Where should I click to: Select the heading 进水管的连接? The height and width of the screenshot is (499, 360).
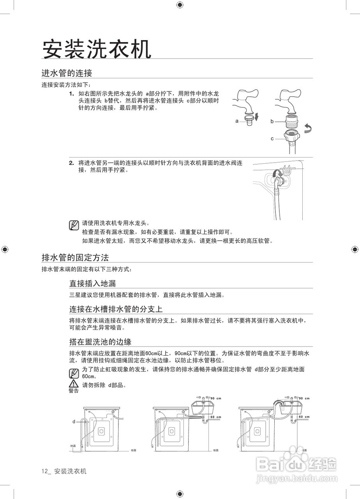[67, 73]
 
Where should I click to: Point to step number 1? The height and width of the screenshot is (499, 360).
[71, 94]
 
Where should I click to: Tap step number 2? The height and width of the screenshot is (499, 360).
[71, 163]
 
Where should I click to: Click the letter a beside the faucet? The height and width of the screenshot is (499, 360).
[236, 121]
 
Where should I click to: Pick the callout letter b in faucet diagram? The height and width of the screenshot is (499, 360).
[272, 121]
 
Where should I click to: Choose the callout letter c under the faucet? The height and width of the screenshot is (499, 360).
[272, 138]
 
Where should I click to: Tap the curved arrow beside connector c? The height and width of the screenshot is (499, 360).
[308, 129]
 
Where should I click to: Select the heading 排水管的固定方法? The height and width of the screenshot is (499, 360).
[75, 257]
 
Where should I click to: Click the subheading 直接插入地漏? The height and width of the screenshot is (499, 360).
[92, 283]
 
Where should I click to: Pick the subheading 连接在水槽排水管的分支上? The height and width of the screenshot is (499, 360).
[116, 309]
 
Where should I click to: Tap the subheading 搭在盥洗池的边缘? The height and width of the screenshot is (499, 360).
[100, 342]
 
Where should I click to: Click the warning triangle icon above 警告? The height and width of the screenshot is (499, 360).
[73, 384]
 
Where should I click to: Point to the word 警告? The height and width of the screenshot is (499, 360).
[73, 391]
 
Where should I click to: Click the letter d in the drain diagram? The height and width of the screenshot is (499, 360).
[73, 421]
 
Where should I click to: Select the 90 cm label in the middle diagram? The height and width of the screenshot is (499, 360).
[215, 398]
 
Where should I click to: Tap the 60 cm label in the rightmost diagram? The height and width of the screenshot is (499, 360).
[304, 417]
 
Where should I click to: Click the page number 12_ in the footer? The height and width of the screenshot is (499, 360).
[46, 471]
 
